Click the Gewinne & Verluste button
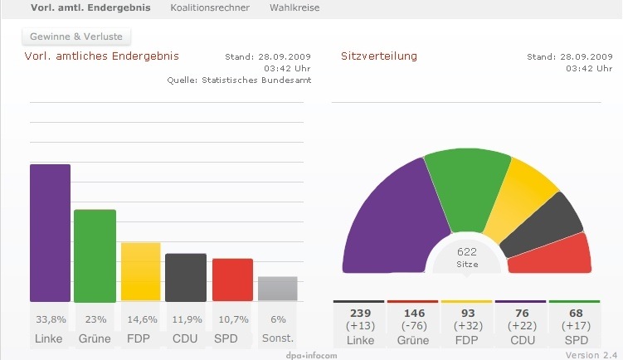(x=75, y=37)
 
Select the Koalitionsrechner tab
(x=210, y=7)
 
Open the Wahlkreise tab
(x=294, y=7)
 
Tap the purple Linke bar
(x=50, y=232)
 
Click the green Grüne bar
(x=95, y=255)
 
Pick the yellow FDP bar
(x=140, y=271)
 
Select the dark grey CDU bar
(x=186, y=277)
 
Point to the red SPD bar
(x=232, y=280)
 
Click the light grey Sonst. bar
(x=277, y=288)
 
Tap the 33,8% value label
(x=50, y=319)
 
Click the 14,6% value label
(x=140, y=319)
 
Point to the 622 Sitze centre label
(x=467, y=256)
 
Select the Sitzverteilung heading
(x=379, y=56)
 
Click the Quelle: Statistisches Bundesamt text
(x=239, y=80)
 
